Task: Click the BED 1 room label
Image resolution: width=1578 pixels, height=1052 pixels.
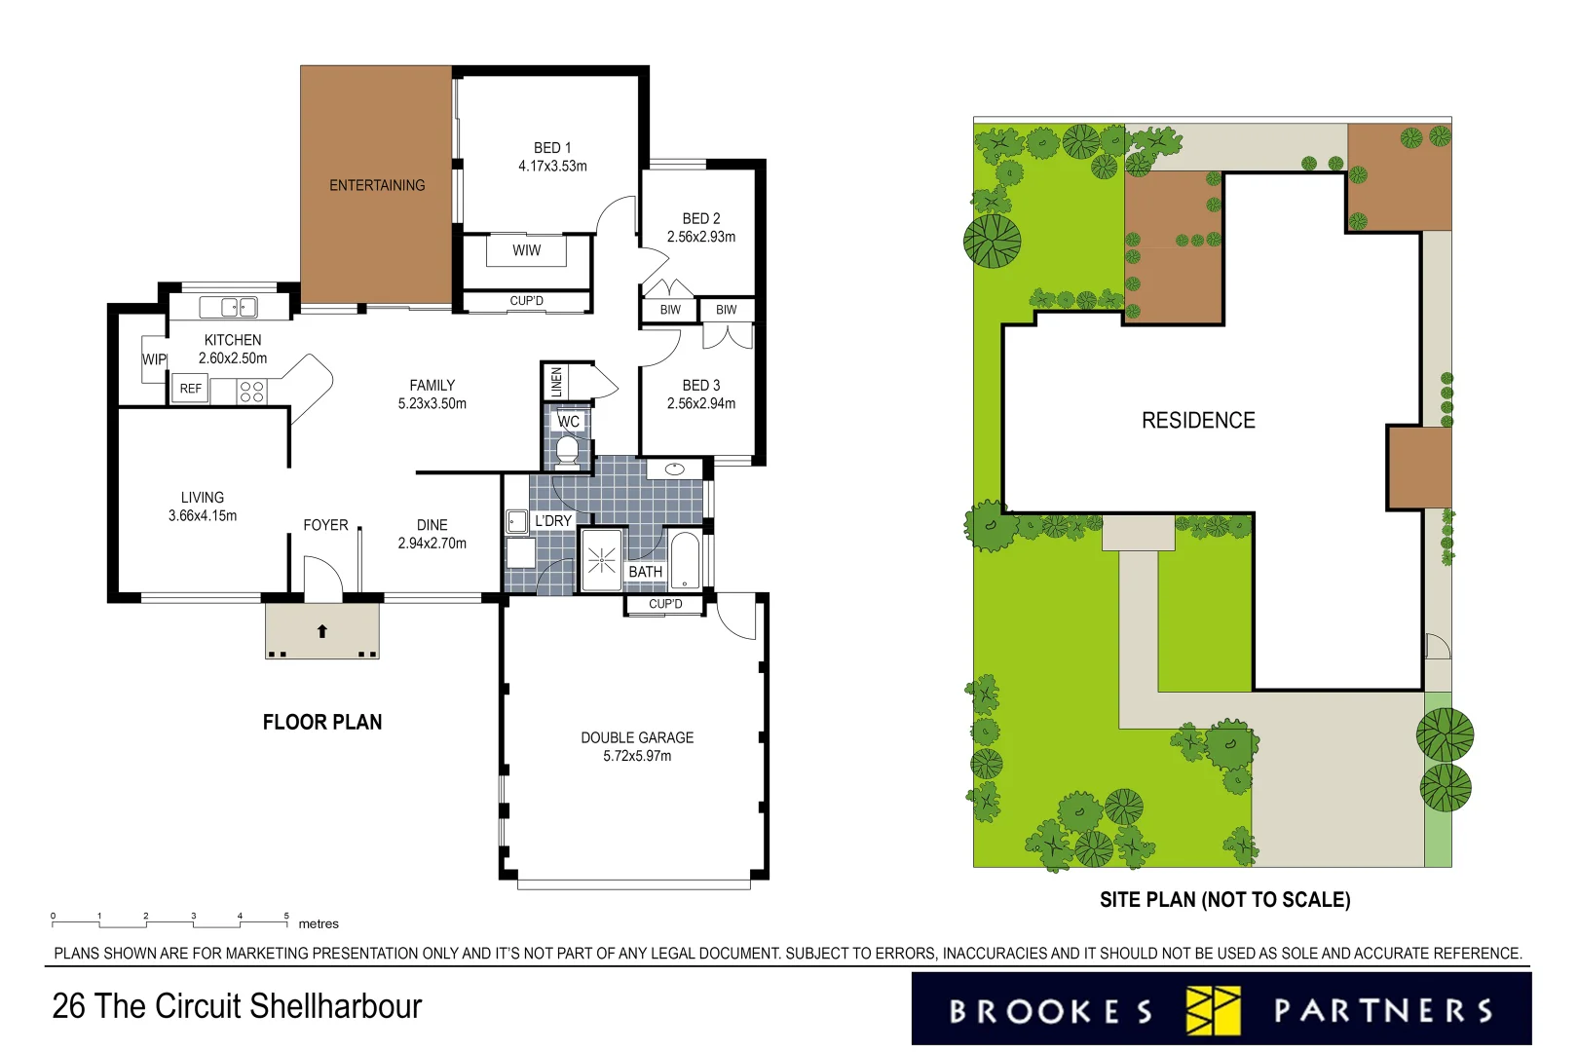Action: (552, 148)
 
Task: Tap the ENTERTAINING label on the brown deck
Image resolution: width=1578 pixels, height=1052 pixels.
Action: (377, 185)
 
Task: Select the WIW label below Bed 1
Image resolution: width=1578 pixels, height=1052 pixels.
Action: (527, 250)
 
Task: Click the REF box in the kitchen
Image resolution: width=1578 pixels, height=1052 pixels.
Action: (191, 389)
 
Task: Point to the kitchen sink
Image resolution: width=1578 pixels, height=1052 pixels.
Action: (229, 308)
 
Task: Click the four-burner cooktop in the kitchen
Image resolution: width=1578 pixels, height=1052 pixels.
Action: (251, 392)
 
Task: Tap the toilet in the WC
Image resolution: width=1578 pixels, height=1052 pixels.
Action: (567, 450)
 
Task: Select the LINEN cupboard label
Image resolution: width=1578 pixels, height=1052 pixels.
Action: (556, 381)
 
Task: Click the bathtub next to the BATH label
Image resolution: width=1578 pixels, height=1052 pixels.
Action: (685, 560)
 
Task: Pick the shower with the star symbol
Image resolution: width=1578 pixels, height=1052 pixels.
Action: (602, 560)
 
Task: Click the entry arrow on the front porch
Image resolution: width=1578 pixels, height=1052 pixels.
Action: (322, 631)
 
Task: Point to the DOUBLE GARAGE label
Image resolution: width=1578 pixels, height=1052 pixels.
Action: (637, 738)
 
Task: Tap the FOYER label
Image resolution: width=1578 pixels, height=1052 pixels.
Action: (325, 525)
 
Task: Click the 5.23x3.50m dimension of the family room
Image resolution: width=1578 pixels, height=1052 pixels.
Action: (432, 403)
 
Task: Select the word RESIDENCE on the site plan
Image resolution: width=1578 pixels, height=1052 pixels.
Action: (1198, 421)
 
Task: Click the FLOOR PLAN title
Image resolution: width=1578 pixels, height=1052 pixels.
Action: (322, 722)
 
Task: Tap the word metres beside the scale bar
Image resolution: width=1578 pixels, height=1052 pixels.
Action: (319, 923)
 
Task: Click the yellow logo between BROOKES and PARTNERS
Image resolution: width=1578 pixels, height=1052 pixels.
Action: (1213, 1010)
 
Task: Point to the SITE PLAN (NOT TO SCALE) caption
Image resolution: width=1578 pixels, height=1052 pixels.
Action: (1224, 900)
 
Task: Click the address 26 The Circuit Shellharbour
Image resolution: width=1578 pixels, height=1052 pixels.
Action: (237, 1006)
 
